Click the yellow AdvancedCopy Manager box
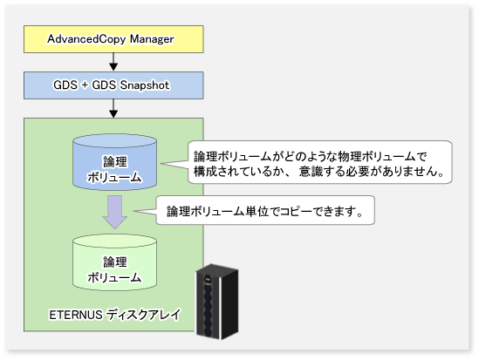[113, 39]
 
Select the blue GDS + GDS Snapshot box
[113, 85]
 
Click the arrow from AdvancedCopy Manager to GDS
[113, 62]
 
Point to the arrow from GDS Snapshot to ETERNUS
[113, 108]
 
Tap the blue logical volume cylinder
[115, 162]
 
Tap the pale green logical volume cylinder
[115, 262]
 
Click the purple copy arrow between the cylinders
[115, 213]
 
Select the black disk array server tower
[217, 302]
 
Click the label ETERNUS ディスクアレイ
[115, 315]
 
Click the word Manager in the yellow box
[152, 39]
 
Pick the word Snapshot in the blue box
[145, 85]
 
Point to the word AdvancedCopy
[86, 39]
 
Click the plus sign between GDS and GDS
[85, 85]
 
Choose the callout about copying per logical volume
[265, 211]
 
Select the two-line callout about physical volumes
[320, 162]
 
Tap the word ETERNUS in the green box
[75, 315]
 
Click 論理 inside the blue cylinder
[115, 162]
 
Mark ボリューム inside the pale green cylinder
[114, 278]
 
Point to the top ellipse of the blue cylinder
[115, 141]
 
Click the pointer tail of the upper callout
[174, 165]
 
